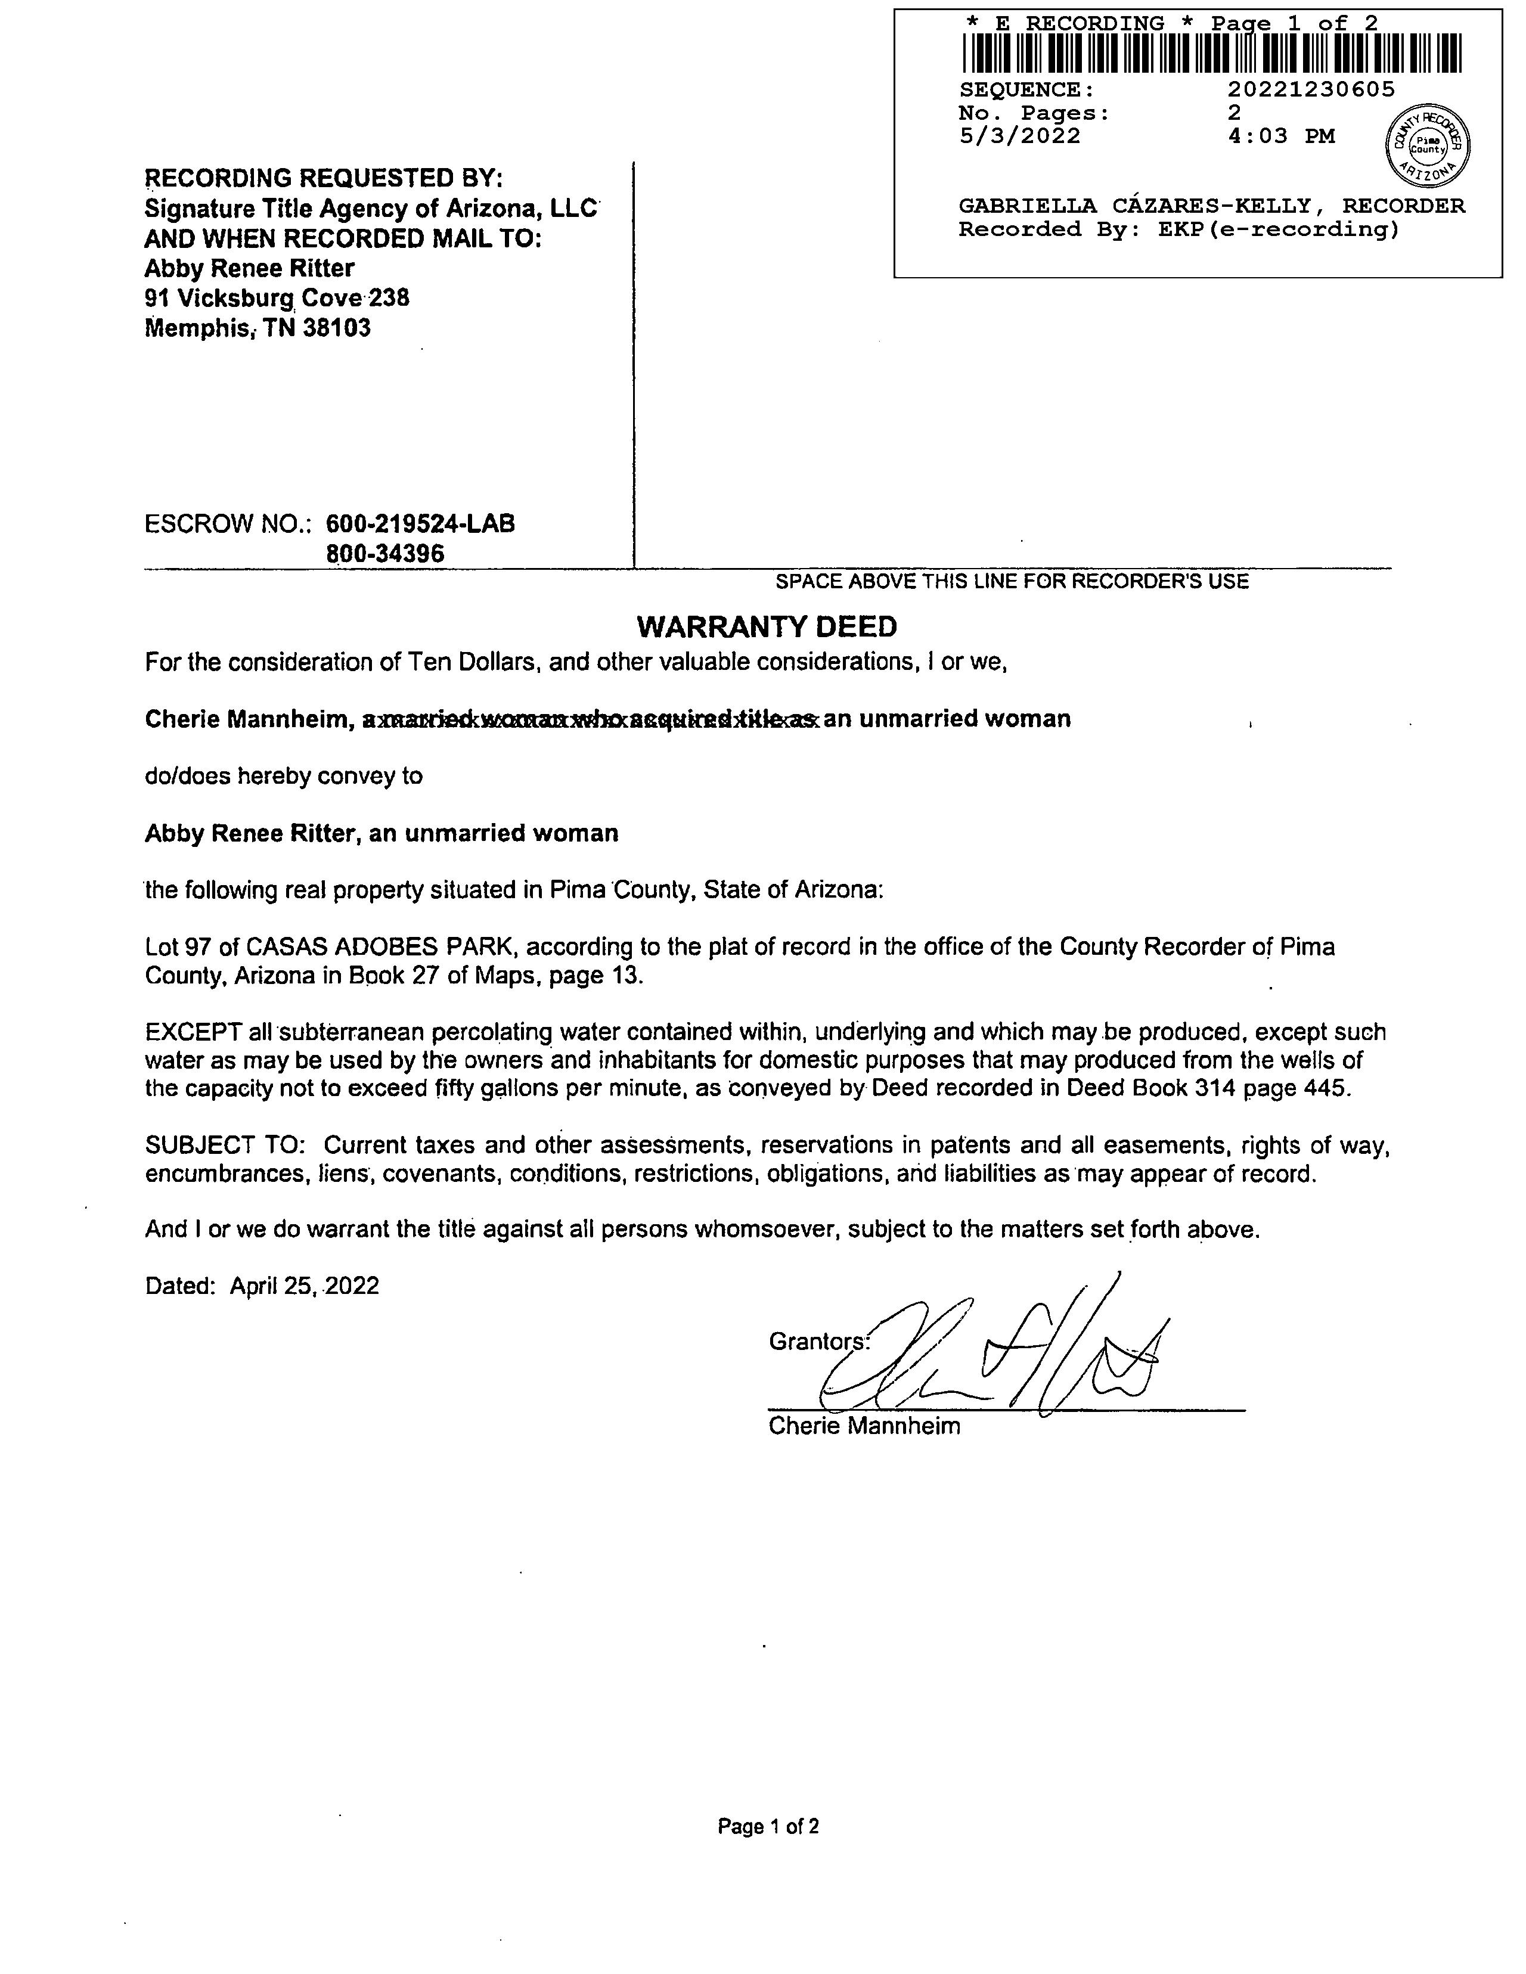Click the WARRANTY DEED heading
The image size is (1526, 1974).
tap(767, 626)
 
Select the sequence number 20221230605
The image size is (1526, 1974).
tap(1311, 89)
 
